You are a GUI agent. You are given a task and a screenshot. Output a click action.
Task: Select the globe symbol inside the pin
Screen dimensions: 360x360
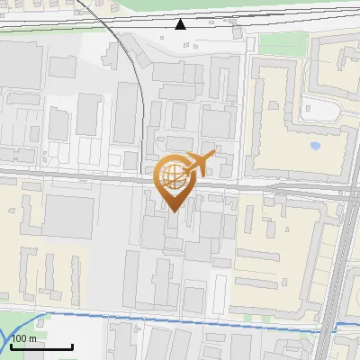172,175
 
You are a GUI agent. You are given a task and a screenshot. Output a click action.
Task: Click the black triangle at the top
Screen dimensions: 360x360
181,23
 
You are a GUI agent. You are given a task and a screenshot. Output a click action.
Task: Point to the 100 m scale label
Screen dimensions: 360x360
23,338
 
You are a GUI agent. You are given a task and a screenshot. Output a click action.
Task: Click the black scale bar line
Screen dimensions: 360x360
40,346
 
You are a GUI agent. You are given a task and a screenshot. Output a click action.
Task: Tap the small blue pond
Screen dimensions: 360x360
315,144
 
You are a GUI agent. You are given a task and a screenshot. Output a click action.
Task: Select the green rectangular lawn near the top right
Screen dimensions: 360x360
276,42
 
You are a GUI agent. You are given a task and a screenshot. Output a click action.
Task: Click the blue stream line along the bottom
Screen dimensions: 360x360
180,316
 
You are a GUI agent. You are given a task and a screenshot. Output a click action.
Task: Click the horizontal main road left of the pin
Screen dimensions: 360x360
72,174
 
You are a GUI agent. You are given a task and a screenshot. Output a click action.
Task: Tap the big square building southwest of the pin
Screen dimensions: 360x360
68,217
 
